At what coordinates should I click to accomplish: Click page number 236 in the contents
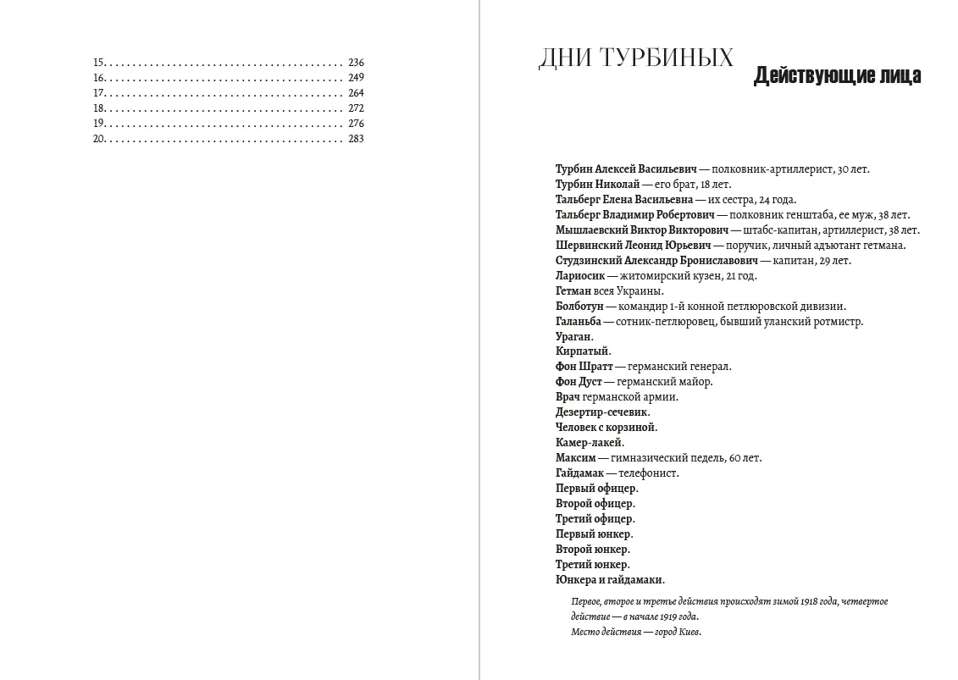[356, 63]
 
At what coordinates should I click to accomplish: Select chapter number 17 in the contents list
[98, 93]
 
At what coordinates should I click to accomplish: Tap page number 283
[356, 139]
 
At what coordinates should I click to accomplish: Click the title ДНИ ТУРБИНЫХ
[635, 58]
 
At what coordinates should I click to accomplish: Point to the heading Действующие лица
[837, 76]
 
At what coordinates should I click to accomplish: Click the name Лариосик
[580, 276]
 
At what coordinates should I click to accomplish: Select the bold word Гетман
[573, 291]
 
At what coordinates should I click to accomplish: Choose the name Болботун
[579, 307]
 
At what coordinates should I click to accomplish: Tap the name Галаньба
[579, 322]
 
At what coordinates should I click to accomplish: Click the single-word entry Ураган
[574, 337]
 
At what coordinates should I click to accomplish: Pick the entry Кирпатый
[583, 351]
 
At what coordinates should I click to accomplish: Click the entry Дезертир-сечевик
[602, 412]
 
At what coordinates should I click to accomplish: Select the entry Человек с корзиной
[606, 428]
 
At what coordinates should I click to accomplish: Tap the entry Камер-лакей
[590, 443]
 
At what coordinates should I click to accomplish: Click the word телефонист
[649, 473]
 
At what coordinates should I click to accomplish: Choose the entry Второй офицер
[595, 504]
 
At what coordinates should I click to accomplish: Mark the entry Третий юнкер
[592, 565]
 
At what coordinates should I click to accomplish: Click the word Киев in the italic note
[689, 633]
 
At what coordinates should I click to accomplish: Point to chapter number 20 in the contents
[98, 139]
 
